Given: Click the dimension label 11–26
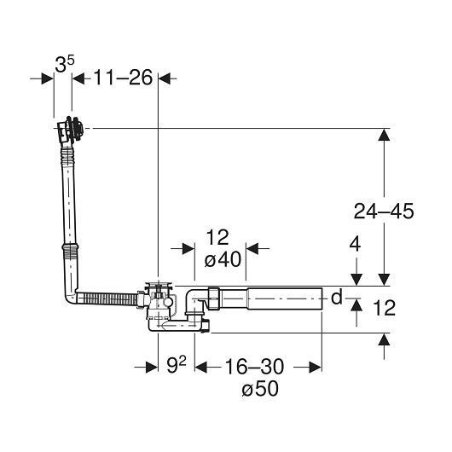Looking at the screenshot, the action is click(x=123, y=78).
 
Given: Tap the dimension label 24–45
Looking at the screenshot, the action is click(x=384, y=211).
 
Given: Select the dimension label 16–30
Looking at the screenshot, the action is click(x=254, y=367).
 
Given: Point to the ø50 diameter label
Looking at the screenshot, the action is click(x=260, y=388).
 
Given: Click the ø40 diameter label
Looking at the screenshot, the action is click(x=223, y=259).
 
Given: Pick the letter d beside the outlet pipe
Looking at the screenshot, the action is click(x=336, y=297).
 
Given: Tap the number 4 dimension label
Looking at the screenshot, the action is click(x=355, y=244).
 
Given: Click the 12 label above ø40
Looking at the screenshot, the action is click(x=217, y=237).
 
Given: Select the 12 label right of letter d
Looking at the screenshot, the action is click(x=384, y=308).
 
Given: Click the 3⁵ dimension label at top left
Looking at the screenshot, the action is click(x=65, y=64).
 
